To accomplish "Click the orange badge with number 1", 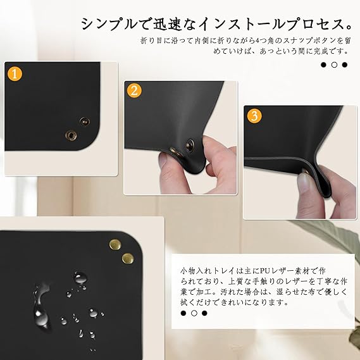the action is (15, 74).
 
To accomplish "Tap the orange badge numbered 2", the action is (134, 90).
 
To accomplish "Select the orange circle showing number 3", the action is (254, 116).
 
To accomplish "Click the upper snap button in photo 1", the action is (85, 121).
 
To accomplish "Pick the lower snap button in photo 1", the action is (71, 135).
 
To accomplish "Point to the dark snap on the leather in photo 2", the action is (190, 145).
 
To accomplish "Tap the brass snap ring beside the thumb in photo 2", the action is (177, 152).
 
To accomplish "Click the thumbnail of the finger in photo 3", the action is (304, 182).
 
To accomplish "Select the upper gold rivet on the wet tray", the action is (115, 244).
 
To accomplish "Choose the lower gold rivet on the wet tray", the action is (128, 259).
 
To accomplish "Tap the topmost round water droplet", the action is (80, 278).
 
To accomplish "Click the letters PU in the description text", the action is (265, 271).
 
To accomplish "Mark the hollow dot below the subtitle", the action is (334, 65).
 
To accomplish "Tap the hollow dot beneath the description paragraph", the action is (194, 313).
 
